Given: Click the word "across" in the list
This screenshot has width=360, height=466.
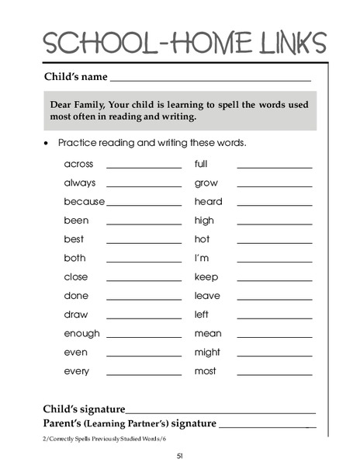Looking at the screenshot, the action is click(x=78, y=164).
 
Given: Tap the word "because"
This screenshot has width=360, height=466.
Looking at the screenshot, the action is click(x=84, y=202).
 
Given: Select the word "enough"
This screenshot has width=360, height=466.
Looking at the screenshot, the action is click(x=81, y=333).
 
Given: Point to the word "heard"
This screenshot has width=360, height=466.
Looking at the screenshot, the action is click(x=208, y=202).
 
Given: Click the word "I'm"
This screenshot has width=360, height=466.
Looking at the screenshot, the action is click(x=202, y=258).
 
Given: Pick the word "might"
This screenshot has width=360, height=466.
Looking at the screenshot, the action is click(x=207, y=352).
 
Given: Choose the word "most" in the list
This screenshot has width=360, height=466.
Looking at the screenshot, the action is click(x=205, y=371).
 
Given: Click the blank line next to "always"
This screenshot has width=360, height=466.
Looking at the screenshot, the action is click(x=144, y=186).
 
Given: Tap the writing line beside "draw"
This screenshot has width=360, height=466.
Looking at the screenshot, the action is click(x=144, y=318).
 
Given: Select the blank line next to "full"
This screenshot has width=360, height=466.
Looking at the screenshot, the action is click(x=274, y=168).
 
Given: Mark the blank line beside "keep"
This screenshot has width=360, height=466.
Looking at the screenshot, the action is click(x=274, y=280).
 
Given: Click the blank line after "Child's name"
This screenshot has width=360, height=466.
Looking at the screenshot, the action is click(x=210, y=80).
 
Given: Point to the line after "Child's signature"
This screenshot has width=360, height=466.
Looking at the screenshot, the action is click(x=221, y=412).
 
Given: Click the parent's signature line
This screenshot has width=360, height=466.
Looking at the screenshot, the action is click(x=268, y=427).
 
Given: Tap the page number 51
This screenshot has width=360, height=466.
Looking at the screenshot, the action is click(x=179, y=456).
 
